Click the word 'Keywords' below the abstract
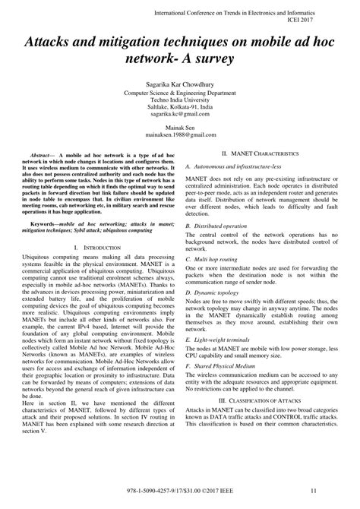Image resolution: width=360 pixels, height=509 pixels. click(42, 225)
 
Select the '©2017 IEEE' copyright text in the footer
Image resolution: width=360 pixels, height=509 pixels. click(222, 501)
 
